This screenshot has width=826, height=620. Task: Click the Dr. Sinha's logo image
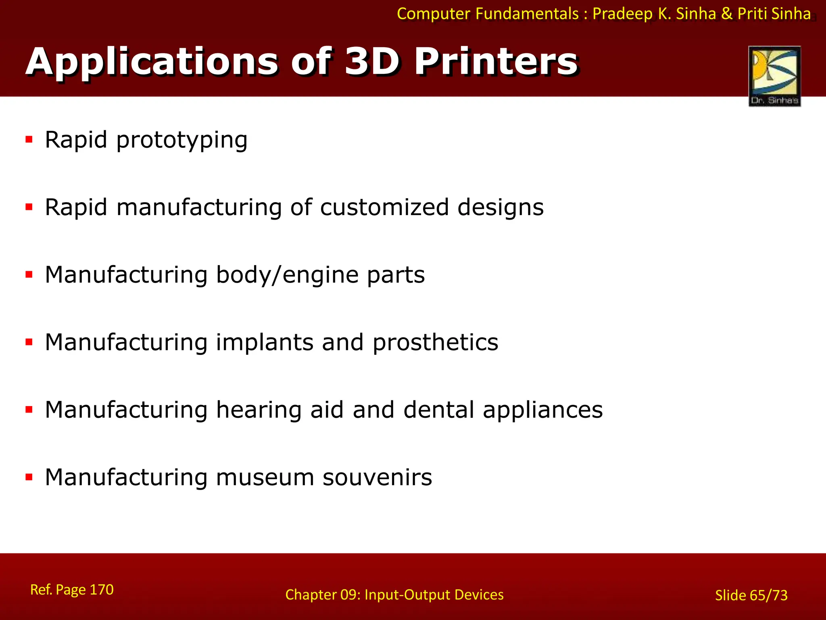[x=774, y=76]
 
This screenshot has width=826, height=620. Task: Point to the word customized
[x=384, y=207]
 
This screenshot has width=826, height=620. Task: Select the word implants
[x=265, y=343]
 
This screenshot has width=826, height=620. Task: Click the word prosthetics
[x=435, y=343]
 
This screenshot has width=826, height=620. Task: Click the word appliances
[x=542, y=411]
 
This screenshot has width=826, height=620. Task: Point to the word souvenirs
[x=377, y=477]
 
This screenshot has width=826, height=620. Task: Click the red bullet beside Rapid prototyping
[x=29, y=140]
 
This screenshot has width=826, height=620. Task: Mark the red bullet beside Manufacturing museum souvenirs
[x=29, y=477]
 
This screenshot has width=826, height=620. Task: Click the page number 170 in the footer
[x=101, y=590]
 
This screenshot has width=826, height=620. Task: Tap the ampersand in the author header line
[x=727, y=14]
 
